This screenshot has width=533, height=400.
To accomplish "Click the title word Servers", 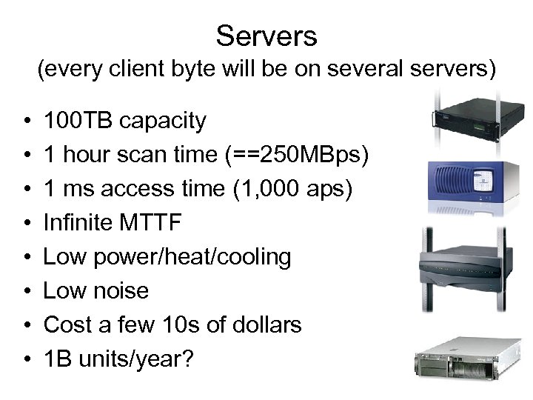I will (266, 35).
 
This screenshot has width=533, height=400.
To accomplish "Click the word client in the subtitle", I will (147, 70).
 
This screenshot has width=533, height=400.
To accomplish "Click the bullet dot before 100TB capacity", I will (26, 121).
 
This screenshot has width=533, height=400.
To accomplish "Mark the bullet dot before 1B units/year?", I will (26, 359).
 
